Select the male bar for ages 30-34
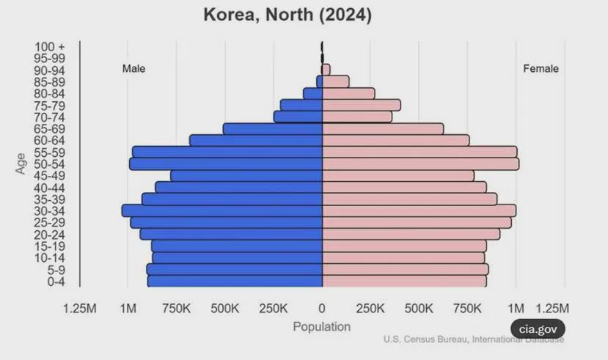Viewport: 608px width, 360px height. coord(222,210)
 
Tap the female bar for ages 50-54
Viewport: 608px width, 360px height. coord(420,164)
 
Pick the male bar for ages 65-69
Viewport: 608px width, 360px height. coord(273,129)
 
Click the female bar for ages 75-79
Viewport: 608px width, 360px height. coord(361,105)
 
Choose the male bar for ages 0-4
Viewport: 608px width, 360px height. coord(235,282)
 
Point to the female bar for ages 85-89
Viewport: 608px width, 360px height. coord(335,81)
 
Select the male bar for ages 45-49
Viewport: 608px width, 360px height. coord(246,176)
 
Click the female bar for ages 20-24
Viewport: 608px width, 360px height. coord(411,234)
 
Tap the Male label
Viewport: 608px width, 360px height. coord(133,69)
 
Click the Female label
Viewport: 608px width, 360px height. coord(541,69)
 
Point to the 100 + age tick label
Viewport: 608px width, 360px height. coord(50,47)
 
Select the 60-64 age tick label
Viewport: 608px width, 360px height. coord(50,141)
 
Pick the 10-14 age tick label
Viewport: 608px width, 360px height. coord(50,258)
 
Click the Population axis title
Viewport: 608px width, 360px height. coord(322,327)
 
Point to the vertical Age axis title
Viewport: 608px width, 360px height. coord(21,163)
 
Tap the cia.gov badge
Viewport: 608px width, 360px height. coord(538,329)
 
